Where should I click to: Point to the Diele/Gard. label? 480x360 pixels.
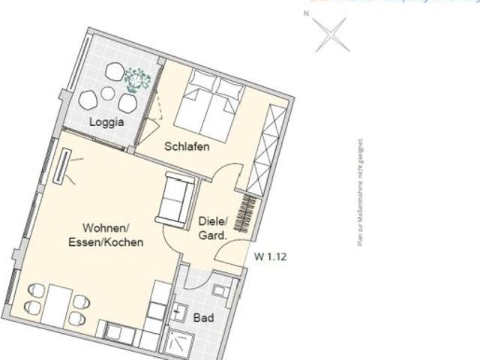[212, 228]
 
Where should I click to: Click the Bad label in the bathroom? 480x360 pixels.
[203, 319]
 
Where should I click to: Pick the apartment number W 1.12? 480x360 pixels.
[271, 256]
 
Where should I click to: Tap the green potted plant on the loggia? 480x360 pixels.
[137, 79]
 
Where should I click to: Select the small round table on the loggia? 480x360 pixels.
[108, 93]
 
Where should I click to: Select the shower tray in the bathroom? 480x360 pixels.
[180, 341]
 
